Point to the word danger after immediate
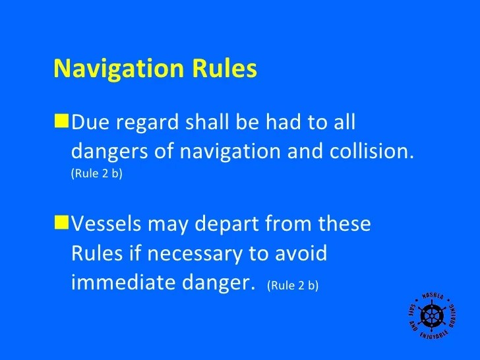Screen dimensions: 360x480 click(x=218, y=284)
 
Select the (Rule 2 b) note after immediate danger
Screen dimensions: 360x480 click(x=293, y=286)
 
